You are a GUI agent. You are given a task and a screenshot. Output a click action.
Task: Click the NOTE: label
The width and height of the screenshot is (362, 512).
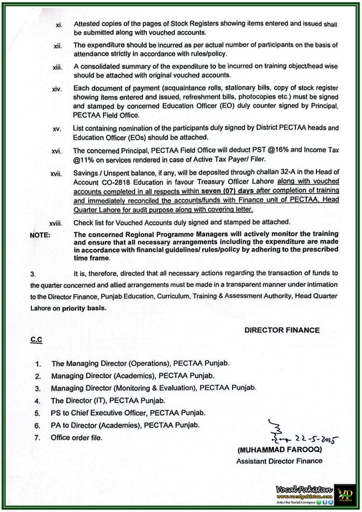click(x=40, y=235)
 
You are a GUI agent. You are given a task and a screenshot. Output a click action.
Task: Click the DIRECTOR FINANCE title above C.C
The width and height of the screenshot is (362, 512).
click(x=282, y=330)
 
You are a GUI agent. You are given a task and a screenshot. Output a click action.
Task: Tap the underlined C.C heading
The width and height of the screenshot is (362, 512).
click(x=36, y=340)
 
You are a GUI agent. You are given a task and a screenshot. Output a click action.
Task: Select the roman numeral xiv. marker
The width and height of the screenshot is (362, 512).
click(x=57, y=89)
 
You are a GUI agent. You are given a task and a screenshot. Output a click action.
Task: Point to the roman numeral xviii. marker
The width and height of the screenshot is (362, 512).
click(x=56, y=223)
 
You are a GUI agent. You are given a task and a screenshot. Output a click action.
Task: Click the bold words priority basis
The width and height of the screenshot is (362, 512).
click(x=84, y=308)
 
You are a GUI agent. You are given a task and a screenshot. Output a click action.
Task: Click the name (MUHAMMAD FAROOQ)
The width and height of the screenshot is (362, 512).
click(x=279, y=450)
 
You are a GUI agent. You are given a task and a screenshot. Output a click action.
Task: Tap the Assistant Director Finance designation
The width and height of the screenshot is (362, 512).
click(x=279, y=461)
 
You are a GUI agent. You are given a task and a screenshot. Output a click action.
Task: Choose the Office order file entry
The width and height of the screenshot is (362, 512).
click(x=76, y=438)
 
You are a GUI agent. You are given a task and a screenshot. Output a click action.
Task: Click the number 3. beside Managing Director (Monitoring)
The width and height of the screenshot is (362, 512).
click(x=38, y=389)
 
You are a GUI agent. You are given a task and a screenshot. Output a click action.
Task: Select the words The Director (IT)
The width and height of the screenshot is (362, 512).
click(x=76, y=401)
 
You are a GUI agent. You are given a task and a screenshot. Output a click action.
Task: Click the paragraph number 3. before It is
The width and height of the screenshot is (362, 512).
click(x=33, y=274)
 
